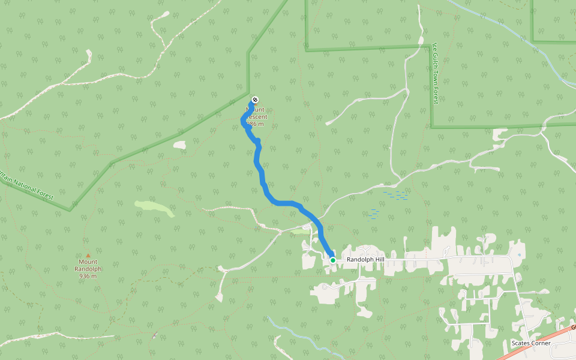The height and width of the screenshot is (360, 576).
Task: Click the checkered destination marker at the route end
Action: (254, 100)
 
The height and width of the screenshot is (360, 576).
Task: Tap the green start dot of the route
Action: (332, 260)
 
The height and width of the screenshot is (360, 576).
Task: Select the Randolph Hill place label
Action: (365, 260)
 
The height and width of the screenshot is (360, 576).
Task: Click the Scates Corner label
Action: (530, 343)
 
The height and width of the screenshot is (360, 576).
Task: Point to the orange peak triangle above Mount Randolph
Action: (88, 255)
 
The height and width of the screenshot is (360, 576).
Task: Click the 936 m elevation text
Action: (88, 276)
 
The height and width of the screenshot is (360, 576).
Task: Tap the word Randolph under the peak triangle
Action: (88, 269)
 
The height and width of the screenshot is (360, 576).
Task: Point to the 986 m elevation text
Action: (255, 124)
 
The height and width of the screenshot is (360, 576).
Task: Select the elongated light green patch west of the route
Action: (154, 208)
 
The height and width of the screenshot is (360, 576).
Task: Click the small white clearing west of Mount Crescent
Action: (179, 145)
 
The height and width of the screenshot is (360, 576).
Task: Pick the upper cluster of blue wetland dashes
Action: (395, 195)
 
